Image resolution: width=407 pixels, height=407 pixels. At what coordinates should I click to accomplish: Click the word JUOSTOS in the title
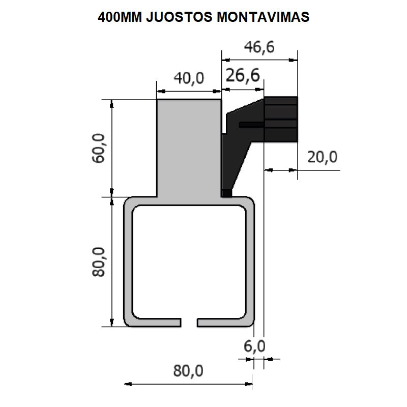pyautogui.click(x=178, y=17)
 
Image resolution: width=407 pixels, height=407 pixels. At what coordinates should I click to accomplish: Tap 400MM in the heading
pyautogui.click(x=120, y=17)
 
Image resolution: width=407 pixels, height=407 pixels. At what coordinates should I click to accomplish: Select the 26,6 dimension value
pyautogui.click(x=242, y=76)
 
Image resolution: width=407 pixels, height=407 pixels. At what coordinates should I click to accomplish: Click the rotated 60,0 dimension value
pyautogui.click(x=99, y=148)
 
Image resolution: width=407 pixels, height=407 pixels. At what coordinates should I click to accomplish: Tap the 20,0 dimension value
pyautogui.click(x=322, y=157)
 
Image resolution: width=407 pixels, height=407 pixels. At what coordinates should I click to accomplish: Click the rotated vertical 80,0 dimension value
pyautogui.click(x=99, y=261)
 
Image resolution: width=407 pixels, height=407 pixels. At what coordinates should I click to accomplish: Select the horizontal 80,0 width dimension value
pyautogui.click(x=188, y=371)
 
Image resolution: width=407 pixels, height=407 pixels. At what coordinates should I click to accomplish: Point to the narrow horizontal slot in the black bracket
pyautogui.click(x=251, y=124)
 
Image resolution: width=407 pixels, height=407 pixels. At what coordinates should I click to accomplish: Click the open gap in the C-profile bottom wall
pyautogui.click(x=189, y=323)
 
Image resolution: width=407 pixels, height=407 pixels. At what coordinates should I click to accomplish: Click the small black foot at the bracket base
pyautogui.click(x=226, y=193)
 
